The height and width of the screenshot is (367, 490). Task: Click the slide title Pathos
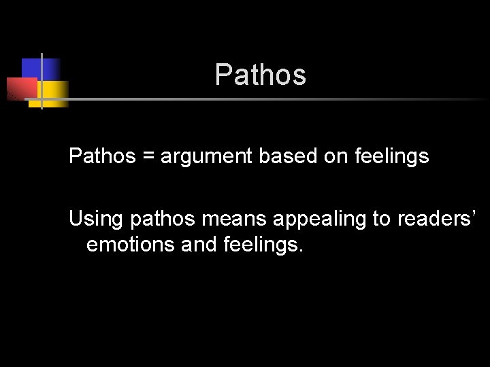(260, 75)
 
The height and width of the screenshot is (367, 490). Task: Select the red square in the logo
(20, 88)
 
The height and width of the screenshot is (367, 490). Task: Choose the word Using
(95, 220)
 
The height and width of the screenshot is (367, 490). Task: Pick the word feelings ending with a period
(263, 244)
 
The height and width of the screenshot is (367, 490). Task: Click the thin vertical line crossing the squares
(42, 80)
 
